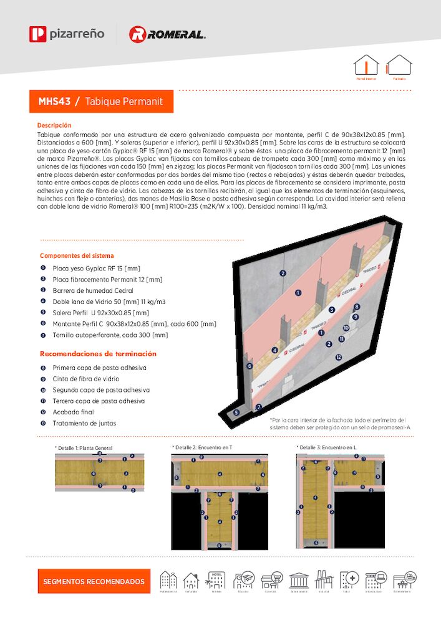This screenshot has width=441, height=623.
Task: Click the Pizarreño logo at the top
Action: pos(67,34)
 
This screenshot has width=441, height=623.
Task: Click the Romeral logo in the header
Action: pos(167,34)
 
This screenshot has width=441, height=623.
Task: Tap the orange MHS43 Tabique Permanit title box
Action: pos(101,101)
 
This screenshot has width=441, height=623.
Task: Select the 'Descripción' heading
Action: pos(54,125)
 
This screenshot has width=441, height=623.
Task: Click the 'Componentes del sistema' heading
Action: pos(77,255)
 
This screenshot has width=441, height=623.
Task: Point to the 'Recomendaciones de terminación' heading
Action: pos(98,354)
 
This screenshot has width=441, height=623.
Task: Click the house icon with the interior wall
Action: pos(366,65)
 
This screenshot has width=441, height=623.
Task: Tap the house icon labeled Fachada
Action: pos(399,65)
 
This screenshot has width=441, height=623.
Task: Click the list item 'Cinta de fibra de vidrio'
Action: pos(85,379)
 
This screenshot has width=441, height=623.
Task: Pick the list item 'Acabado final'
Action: pos(73,412)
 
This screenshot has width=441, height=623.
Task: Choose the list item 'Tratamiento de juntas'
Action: pos(84,424)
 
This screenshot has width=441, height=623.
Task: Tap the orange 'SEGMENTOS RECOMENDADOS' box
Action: pos(94,581)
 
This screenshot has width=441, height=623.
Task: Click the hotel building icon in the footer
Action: pos(216,581)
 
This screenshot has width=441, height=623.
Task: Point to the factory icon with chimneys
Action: pos(324,580)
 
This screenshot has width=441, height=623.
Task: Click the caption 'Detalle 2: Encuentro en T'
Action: pos(202,447)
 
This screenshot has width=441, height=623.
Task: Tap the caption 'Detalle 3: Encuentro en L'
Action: pos(326,447)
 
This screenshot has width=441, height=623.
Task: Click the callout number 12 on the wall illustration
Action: pos(338,357)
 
